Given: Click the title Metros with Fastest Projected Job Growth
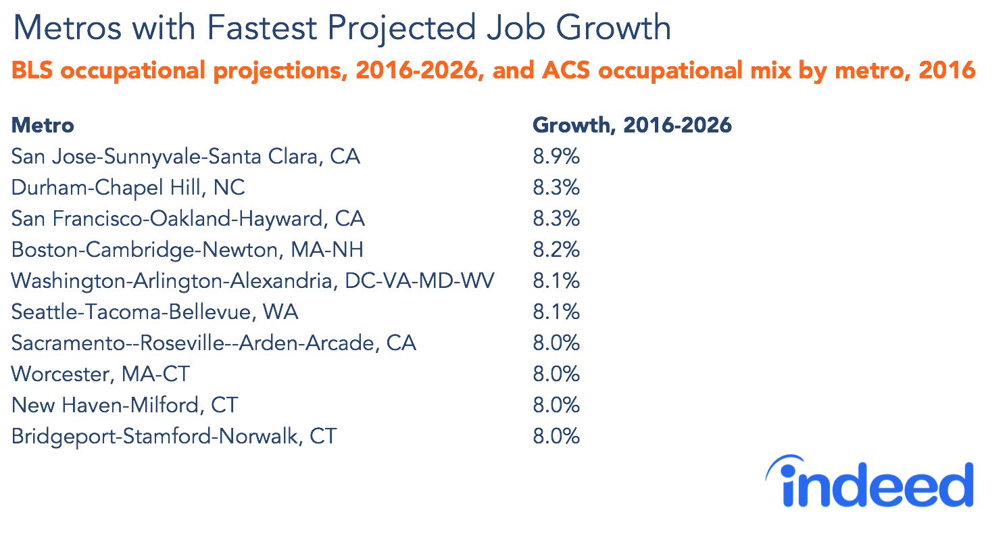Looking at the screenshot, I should click(x=342, y=28).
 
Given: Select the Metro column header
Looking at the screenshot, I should click(x=43, y=125).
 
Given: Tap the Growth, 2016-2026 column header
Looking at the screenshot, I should click(x=632, y=125).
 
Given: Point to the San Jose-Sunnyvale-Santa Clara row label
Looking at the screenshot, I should click(x=186, y=157).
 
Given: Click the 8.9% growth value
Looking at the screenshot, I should click(x=556, y=157).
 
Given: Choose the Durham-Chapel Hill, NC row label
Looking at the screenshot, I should click(x=128, y=188).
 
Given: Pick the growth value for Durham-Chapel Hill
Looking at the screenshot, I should click(x=556, y=188).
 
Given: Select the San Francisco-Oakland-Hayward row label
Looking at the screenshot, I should click(x=188, y=219).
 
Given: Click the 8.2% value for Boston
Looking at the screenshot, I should click(x=556, y=250).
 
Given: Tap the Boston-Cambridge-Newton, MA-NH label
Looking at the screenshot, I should click(x=187, y=250).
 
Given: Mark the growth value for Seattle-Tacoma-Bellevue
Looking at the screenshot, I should click(x=556, y=312).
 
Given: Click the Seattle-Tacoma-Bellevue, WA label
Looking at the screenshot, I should click(x=155, y=312).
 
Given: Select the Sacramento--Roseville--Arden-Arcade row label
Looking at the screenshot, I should click(x=214, y=343).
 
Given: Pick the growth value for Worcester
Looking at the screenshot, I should click(x=556, y=374).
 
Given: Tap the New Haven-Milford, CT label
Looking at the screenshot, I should click(x=125, y=406).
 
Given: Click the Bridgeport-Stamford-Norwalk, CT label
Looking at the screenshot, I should click(x=174, y=437).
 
